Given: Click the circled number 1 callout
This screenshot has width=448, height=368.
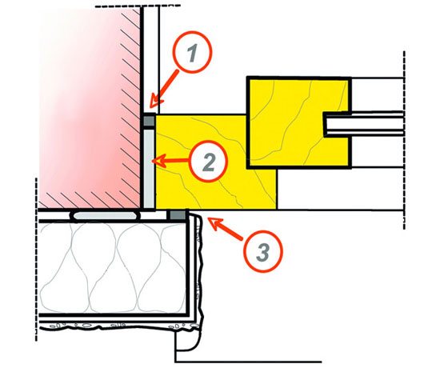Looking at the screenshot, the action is click(192, 52).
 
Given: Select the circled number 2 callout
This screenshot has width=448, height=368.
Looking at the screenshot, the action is click(209, 162).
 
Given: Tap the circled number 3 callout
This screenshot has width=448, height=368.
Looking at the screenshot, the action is click(263, 251).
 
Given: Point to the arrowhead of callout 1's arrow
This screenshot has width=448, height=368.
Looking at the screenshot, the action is click(152, 105).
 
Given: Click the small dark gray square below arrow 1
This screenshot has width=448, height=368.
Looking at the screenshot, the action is click(149, 121).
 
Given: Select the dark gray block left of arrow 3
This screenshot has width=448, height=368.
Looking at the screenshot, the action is click(178, 215).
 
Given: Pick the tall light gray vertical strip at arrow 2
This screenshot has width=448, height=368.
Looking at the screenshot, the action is click(149, 169).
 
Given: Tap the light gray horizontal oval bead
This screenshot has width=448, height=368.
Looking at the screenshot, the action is click(106, 215).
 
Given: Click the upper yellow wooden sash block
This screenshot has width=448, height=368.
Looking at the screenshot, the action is click(299, 122).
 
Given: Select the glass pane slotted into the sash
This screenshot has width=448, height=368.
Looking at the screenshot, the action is click(363, 124).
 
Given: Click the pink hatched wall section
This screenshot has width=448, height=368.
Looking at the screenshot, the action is click(89, 108).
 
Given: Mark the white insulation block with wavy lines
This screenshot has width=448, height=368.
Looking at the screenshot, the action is click(113, 268).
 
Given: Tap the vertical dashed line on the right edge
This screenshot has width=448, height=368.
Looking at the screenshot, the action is click(404, 140).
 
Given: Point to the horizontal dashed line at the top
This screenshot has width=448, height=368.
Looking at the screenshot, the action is click(138, 6).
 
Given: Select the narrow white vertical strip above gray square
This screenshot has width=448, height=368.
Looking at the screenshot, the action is click(150, 60).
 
